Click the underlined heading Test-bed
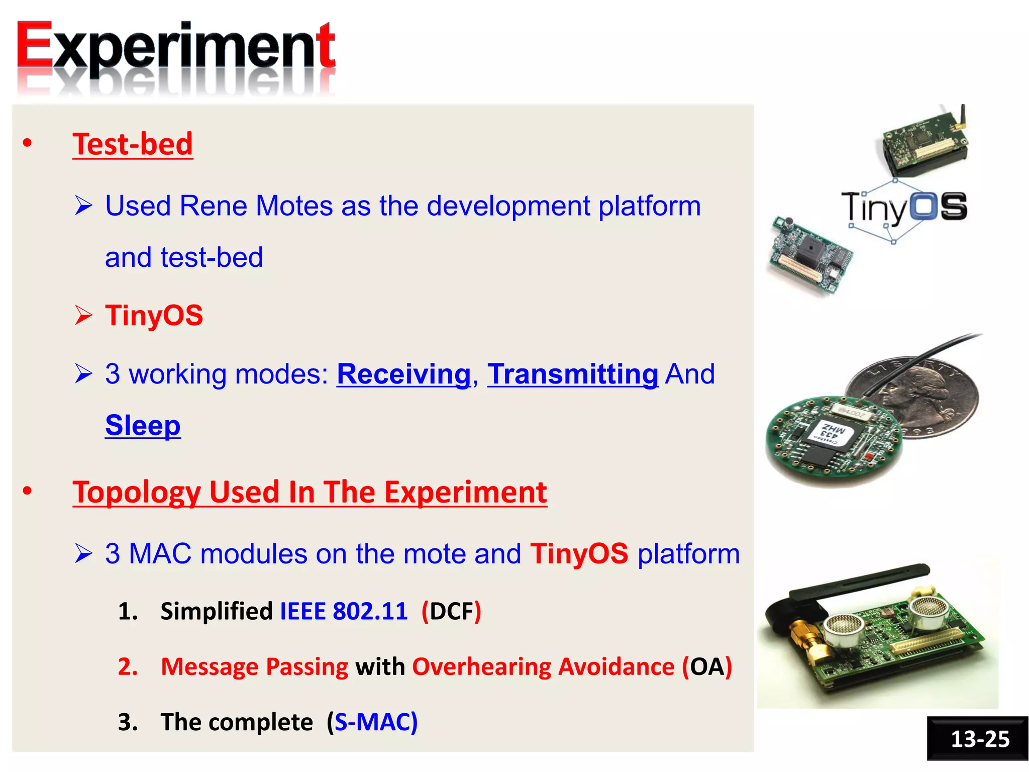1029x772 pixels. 133,144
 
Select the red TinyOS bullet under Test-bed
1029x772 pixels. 154,316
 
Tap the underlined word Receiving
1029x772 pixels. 403,374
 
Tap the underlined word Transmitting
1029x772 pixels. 572,374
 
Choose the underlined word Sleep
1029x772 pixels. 143,426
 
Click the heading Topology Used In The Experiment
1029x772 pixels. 310,492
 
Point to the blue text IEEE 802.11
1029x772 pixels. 343,612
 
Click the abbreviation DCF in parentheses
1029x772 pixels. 451,612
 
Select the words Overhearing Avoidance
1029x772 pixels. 543,667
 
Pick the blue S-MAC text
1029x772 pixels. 372,722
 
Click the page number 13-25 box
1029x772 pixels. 979,739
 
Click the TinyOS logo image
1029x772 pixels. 904,209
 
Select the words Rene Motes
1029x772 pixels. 256,206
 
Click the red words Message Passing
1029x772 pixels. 254,667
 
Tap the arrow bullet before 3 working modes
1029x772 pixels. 83,374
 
